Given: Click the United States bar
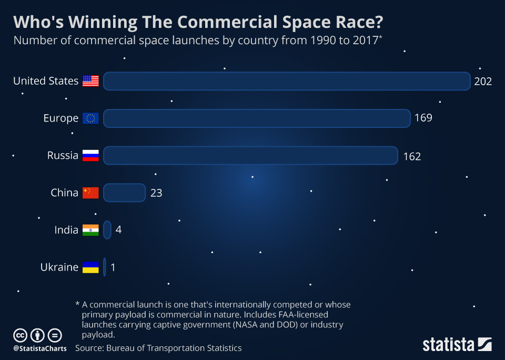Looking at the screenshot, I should [x=287, y=81].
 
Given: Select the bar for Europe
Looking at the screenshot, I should [x=257, y=118].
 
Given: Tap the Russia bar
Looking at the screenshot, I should [x=250, y=155].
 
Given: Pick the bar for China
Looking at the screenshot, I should [x=124, y=193].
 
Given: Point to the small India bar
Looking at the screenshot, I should [x=107, y=230].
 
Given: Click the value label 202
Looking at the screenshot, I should [x=483, y=81].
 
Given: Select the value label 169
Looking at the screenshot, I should [x=423, y=118].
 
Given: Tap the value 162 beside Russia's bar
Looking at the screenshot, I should [x=412, y=156].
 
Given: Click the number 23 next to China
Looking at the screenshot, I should [x=156, y=193].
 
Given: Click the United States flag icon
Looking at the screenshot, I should [x=90, y=81].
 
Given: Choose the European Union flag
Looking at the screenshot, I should [x=90, y=118].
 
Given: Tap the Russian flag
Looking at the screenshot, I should [x=90, y=155].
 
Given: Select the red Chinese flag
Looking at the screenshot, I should [x=90, y=193].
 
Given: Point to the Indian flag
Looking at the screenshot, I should [x=90, y=230].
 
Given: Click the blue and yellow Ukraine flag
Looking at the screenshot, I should [x=90, y=267].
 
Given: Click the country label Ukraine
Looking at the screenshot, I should [x=59, y=267].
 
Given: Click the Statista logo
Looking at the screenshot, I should [x=457, y=345].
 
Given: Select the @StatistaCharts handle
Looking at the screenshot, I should [x=40, y=348].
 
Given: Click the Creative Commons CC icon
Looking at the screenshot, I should [x=20, y=335].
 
